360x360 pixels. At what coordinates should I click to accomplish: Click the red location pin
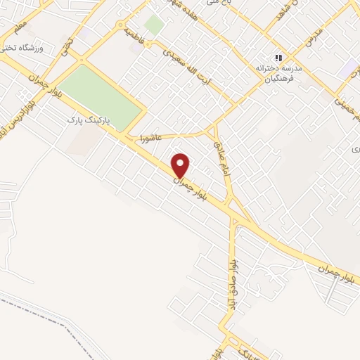click(181, 166)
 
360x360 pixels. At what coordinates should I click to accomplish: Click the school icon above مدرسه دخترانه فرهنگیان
click(279, 58)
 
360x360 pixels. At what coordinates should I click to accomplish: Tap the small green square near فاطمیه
click(154, 25)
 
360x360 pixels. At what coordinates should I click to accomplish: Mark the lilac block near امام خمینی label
click(349, 68)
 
